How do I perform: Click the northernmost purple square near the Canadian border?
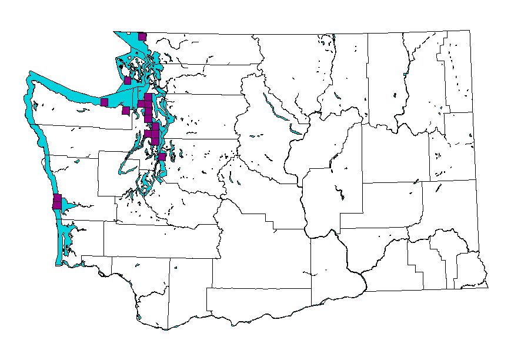pyautogui.click(x=142, y=36)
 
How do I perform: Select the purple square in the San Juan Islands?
pyautogui.click(x=127, y=80)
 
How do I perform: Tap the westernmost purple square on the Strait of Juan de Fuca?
pyautogui.click(x=104, y=102)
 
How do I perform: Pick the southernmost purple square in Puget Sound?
pyautogui.click(x=162, y=156)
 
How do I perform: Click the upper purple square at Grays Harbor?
pyautogui.click(x=58, y=198)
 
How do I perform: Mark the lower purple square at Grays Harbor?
pyautogui.click(x=57, y=205)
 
